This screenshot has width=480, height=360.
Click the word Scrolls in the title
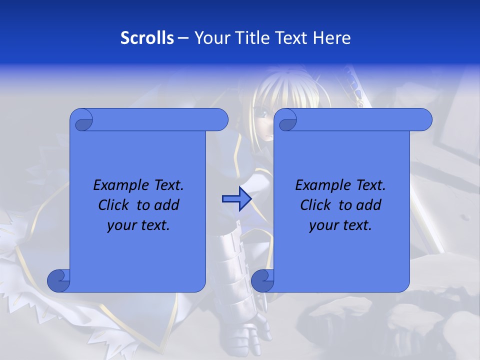tap(147, 38)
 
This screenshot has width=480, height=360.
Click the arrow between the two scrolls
tap(236, 199)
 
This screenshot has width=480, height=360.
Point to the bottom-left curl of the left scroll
tap(58, 280)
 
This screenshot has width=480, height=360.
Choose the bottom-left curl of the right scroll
tap(262, 280)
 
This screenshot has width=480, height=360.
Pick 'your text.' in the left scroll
tap(138, 225)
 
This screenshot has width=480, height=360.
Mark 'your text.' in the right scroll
tap(340, 225)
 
